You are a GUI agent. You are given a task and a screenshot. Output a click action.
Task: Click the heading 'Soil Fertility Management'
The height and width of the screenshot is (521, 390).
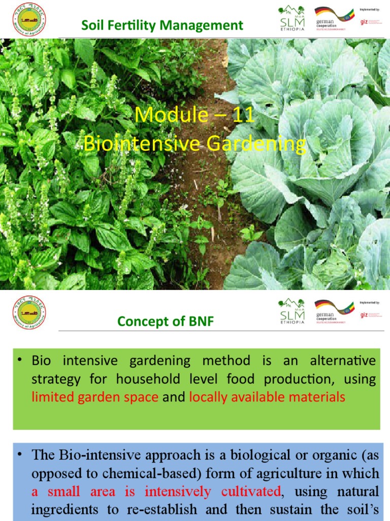(162, 25)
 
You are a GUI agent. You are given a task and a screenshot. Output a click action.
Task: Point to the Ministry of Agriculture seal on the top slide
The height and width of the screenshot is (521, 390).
(28, 20)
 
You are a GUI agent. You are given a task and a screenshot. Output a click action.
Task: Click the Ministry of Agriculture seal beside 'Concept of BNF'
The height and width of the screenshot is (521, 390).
(28, 312)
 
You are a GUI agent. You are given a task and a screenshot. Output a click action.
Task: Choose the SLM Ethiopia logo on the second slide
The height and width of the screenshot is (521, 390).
(292, 311)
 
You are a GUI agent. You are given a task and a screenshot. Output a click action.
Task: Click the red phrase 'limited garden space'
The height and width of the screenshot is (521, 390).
(95, 397)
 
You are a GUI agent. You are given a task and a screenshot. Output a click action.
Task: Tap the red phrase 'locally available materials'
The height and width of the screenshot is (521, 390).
(267, 397)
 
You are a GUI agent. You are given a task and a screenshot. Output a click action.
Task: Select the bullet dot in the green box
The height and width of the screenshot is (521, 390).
(21, 361)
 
